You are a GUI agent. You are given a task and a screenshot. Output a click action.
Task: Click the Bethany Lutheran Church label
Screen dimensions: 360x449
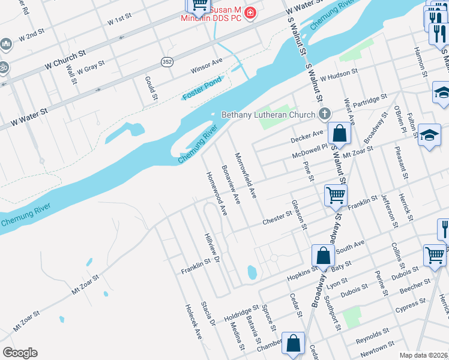(268, 115)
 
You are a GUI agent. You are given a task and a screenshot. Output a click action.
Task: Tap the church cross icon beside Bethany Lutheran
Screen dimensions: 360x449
(325, 114)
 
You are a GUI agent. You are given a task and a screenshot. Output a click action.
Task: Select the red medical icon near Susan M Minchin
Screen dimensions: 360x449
(250, 13)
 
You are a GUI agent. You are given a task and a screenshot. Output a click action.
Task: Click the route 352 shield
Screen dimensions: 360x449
(167, 61)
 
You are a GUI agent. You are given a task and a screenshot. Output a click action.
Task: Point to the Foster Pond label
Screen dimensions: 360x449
(202, 88)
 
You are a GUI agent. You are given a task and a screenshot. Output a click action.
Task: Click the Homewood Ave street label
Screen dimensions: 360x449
(217, 194)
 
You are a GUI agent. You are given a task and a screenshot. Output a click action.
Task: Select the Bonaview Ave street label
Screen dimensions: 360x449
(231, 184)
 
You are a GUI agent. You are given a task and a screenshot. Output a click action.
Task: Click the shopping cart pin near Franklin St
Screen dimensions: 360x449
(335, 194)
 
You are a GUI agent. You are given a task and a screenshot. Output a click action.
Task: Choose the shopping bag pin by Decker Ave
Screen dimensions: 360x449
(339, 134)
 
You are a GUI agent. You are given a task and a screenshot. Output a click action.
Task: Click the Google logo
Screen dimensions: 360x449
(20, 352)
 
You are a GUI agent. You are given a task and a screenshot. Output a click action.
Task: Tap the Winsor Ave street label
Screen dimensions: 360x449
(206, 65)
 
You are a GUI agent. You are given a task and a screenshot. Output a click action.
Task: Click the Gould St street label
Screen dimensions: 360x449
(151, 88)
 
